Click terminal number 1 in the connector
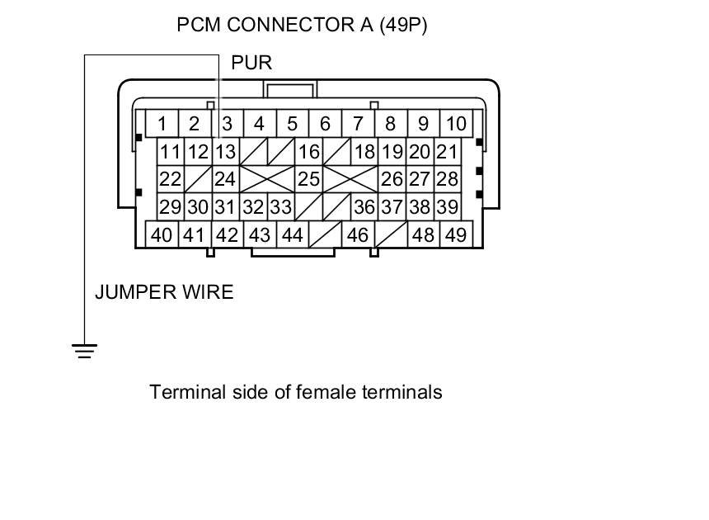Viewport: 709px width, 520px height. click(x=162, y=125)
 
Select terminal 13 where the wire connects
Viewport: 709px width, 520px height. click(x=225, y=152)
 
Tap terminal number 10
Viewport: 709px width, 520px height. click(x=455, y=125)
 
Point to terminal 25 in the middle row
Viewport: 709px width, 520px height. click(x=308, y=179)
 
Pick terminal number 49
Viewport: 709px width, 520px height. click(x=455, y=235)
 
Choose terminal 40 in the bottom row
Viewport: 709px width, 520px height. click(x=162, y=235)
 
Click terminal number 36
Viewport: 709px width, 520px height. click(x=364, y=207)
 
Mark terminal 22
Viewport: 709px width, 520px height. click(x=170, y=179)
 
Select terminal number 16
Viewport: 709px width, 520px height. click(x=308, y=152)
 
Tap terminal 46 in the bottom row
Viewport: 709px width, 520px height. click(x=357, y=235)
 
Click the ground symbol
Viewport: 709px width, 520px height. click(x=84, y=351)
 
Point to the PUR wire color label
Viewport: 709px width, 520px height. click(x=251, y=63)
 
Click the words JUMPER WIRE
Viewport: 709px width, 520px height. click(x=164, y=291)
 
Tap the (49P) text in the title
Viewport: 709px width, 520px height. click(x=403, y=26)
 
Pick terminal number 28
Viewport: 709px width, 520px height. click(x=447, y=179)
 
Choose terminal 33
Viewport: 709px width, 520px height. click(x=280, y=207)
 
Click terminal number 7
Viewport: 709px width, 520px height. click(x=358, y=125)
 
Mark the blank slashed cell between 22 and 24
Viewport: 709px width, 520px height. click(x=197, y=179)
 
